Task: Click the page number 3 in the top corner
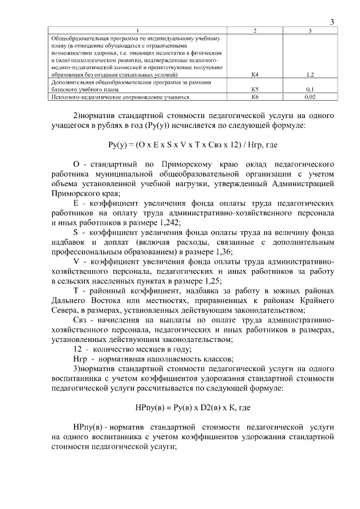point(332,22)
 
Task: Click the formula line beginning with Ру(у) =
point(193,145)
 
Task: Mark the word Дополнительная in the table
point(67,82)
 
